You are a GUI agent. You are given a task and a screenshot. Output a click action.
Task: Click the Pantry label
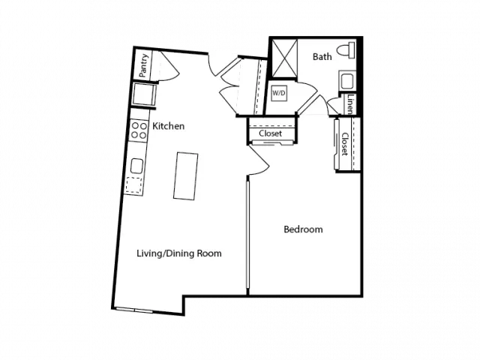(143, 65)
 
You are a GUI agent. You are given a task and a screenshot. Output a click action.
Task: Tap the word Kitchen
(168, 126)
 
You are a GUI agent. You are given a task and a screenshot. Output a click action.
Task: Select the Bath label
(322, 57)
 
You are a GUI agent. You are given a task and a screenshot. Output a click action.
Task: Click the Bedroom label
(303, 229)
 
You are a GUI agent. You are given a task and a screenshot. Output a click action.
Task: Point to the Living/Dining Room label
(179, 253)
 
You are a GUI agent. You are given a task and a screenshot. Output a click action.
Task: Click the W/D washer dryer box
(279, 93)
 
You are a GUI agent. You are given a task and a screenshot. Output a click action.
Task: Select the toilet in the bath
(346, 50)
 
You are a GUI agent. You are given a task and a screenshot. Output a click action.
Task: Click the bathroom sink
(346, 81)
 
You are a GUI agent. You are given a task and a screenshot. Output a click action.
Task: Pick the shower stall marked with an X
(285, 58)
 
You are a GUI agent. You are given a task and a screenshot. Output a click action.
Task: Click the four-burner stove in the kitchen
(139, 130)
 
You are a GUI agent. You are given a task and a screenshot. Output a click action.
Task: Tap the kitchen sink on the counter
(136, 166)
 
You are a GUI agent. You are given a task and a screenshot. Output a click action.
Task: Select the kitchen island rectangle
(185, 176)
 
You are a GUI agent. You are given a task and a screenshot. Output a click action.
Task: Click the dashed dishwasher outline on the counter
(134, 185)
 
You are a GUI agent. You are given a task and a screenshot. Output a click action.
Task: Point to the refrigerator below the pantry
(144, 94)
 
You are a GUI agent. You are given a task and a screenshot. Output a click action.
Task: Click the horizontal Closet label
(270, 133)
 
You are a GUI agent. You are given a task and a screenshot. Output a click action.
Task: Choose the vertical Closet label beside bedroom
(345, 144)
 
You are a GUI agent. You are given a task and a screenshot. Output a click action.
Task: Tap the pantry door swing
(168, 67)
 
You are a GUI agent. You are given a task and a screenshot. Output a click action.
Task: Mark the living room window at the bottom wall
(134, 310)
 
